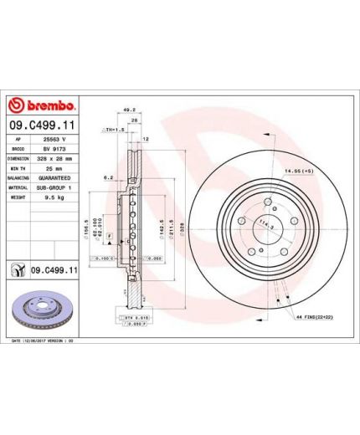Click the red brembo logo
[42, 106]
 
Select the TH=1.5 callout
[113, 130]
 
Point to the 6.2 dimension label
[108, 177]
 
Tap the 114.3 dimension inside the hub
[267, 224]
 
